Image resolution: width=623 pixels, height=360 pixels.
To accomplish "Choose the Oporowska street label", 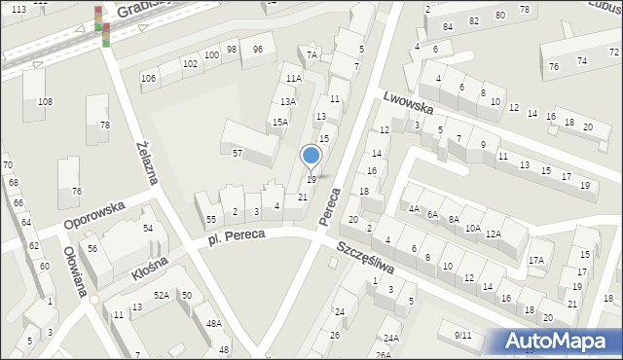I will (x=94, y=214).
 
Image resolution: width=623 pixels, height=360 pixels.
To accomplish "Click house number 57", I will (x=237, y=154).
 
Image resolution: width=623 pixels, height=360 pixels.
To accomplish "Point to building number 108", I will (x=45, y=102).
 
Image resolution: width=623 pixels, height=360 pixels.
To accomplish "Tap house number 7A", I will (x=311, y=55).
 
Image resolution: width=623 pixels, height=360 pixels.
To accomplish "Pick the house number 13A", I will (x=288, y=101).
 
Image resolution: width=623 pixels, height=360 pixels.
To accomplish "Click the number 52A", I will (x=161, y=295).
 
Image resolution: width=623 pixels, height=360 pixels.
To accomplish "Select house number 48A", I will (x=213, y=324).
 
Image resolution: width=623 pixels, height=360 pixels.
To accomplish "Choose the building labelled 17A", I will (x=535, y=261).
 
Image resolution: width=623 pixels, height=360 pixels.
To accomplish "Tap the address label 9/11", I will (x=462, y=335).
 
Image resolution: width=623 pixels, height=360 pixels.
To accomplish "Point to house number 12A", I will (x=494, y=234).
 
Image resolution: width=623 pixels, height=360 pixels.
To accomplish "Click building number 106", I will (x=148, y=78).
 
